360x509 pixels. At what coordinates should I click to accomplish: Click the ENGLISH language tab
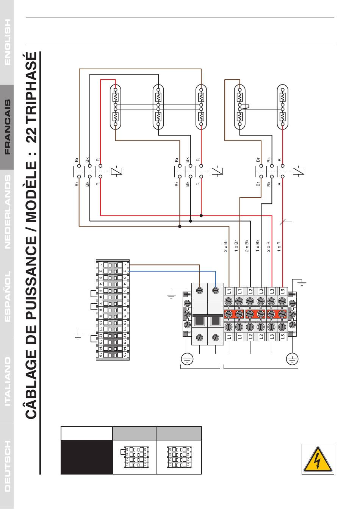[x=7, y=42]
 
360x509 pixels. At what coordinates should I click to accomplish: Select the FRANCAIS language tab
[x=7, y=127]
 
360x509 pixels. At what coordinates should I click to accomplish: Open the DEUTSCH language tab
[x=7, y=466]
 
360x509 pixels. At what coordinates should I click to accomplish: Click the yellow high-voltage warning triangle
[x=318, y=459]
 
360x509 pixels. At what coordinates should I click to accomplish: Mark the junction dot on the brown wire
[x=180, y=226]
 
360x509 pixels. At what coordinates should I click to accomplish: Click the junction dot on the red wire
[x=201, y=215]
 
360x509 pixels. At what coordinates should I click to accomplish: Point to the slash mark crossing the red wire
[x=283, y=221]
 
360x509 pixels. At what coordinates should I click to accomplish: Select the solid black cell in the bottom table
[x=87, y=457]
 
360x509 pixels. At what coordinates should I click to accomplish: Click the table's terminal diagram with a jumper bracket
[x=135, y=457]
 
